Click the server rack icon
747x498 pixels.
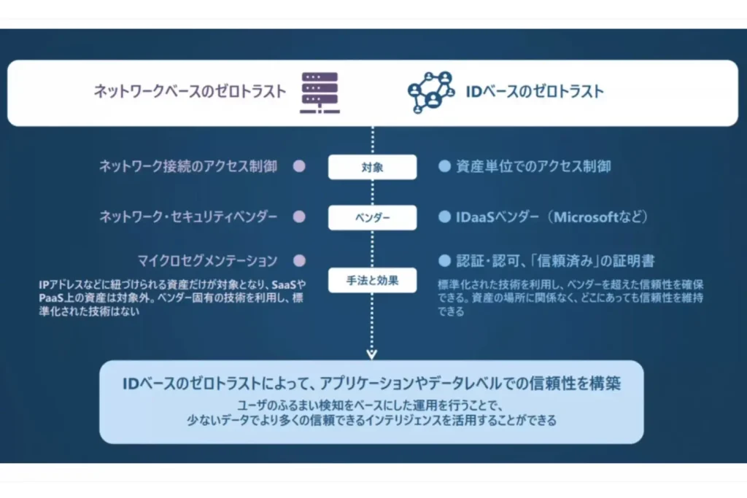(x=320, y=93)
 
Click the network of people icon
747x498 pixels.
(x=431, y=93)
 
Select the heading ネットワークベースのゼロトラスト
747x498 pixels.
(x=190, y=91)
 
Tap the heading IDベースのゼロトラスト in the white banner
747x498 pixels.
(x=535, y=91)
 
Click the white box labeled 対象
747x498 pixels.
(x=372, y=167)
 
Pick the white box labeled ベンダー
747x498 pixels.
(x=372, y=217)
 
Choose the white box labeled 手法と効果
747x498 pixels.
(x=372, y=281)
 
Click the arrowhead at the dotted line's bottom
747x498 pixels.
(x=371, y=355)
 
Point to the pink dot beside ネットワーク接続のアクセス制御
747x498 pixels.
(x=299, y=166)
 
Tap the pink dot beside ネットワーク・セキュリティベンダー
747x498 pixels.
(x=299, y=217)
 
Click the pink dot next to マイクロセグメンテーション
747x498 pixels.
(x=299, y=261)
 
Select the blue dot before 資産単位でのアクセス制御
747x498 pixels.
(x=444, y=166)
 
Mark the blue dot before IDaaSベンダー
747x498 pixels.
(x=444, y=217)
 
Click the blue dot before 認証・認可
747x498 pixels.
(x=444, y=261)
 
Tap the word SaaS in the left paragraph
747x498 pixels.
(x=284, y=284)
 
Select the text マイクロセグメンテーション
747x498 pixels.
(x=207, y=261)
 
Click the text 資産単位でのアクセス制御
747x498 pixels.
(x=533, y=166)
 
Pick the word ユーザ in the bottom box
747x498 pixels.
(x=249, y=405)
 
